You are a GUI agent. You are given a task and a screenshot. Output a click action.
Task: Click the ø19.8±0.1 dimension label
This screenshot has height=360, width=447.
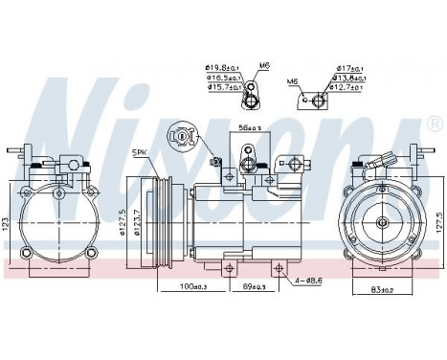[224, 67]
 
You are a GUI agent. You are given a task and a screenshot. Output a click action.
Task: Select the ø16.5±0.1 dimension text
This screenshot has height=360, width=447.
[224, 77]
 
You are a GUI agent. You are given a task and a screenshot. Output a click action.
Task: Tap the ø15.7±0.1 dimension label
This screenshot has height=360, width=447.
[224, 87]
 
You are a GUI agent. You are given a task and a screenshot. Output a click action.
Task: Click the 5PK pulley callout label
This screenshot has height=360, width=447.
[140, 151]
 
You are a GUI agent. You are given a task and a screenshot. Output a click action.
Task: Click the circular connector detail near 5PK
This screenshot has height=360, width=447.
[181, 136]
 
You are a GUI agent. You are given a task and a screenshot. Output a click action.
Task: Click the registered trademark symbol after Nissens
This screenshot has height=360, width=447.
[436, 125]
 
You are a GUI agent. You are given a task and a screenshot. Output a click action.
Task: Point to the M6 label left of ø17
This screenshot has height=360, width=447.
[294, 81]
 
